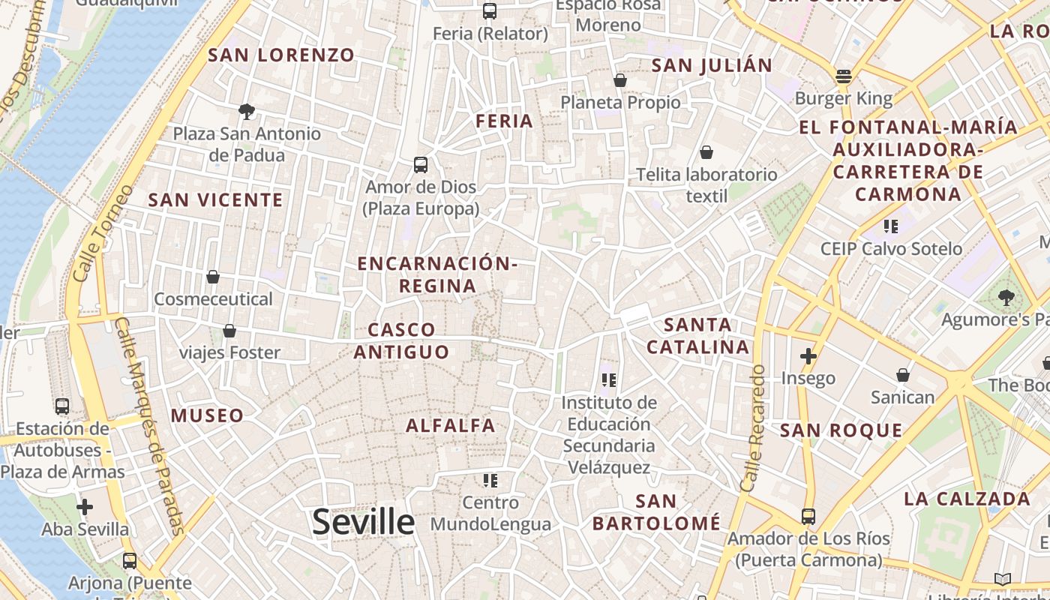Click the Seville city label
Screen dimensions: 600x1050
tap(363, 522)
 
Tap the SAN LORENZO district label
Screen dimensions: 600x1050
tap(281, 55)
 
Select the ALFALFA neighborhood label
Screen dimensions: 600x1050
tap(451, 426)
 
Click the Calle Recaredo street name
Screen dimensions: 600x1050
tap(752, 428)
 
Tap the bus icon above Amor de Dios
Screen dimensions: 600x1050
tap(421, 164)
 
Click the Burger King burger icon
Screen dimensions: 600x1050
tap(844, 76)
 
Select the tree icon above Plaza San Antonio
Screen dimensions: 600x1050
tap(246, 112)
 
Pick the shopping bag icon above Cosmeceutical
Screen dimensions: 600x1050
tap(213, 277)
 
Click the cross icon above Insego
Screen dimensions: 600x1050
tap(808, 355)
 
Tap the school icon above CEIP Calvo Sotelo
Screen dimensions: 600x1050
tap(891, 226)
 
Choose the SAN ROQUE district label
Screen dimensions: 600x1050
tap(841, 430)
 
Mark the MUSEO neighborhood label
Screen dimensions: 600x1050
tap(207, 415)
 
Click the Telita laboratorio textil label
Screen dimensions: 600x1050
tap(706, 185)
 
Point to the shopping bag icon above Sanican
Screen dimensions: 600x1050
tap(903, 374)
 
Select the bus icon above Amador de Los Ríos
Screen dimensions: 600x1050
tap(808, 516)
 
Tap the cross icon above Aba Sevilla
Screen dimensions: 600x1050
tap(85, 507)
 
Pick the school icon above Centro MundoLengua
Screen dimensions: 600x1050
tap(490, 480)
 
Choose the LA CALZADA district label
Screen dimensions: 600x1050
tap(967, 499)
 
